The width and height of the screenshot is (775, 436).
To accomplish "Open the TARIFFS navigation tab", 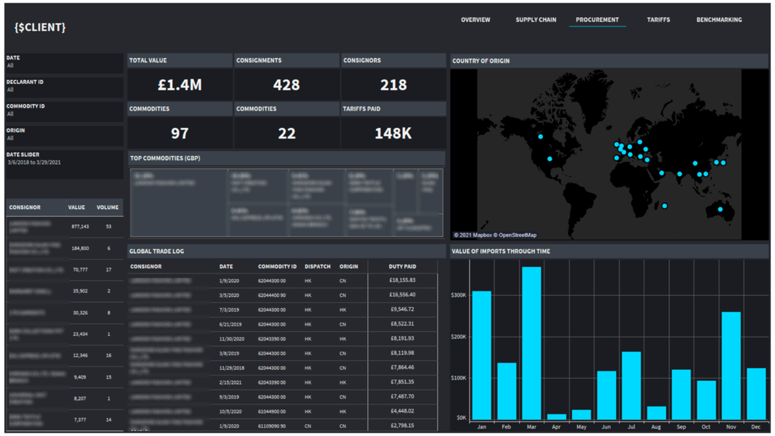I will tap(658, 20).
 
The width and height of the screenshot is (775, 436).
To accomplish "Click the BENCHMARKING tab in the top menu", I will tap(719, 20).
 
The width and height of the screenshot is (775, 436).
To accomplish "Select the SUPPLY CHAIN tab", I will tap(535, 20).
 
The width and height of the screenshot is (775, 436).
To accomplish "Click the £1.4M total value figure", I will tap(180, 85).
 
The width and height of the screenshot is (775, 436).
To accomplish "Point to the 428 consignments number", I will tap(286, 85).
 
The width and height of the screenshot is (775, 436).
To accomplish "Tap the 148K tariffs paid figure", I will tap(393, 133).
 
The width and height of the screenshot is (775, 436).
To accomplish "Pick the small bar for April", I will tap(556, 417).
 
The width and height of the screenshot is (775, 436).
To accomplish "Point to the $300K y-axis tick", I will tap(458, 295).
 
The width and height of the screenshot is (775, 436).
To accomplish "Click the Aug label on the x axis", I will tap(656, 427).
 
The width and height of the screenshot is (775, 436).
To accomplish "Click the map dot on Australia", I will tap(720, 209).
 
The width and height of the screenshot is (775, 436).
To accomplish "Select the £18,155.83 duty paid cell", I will tap(402, 280).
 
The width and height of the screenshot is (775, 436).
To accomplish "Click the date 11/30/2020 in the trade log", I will tap(232, 339).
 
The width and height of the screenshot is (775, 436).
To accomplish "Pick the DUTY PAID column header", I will tap(402, 266).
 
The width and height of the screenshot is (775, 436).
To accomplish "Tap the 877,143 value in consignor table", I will tap(80, 226).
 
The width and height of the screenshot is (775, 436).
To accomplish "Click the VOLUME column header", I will tap(107, 208).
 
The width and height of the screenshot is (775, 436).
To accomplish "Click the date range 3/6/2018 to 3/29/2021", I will tap(34, 163).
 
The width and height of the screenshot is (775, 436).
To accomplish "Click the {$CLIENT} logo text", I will tap(40, 27).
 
